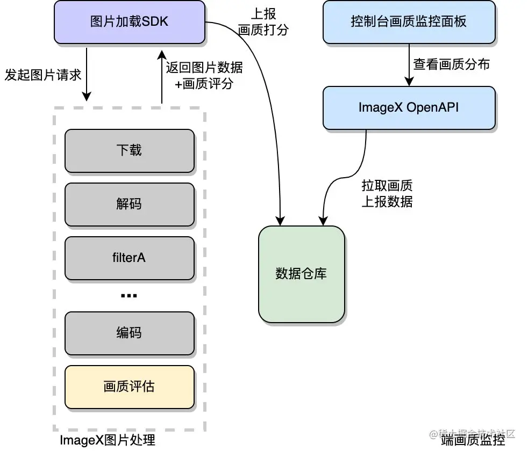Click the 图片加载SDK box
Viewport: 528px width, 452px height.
point(130,22)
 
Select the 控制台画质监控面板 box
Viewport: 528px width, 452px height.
point(409,22)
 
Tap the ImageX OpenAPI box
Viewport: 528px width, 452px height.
point(409,108)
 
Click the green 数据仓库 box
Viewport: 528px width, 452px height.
point(302,274)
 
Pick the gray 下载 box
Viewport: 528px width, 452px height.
point(130,151)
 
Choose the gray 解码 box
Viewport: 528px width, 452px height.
point(130,205)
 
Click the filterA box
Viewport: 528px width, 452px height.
point(130,258)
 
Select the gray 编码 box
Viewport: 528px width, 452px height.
point(130,333)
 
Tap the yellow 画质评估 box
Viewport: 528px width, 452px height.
point(130,387)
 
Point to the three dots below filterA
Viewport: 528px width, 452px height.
point(129,296)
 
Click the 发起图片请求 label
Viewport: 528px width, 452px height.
point(43,75)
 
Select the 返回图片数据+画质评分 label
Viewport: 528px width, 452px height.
point(204,75)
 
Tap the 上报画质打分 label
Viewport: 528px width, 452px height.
point(263,22)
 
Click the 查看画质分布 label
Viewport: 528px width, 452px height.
point(451,64)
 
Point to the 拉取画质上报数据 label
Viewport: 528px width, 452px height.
point(387,193)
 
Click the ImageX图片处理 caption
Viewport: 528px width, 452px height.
point(108,440)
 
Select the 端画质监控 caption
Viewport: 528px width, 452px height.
point(473,440)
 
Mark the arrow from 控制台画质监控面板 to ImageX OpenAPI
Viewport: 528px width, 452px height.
point(409,65)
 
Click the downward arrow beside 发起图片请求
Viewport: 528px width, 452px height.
point(87,74)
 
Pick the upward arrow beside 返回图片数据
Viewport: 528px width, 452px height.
point(162,77)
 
